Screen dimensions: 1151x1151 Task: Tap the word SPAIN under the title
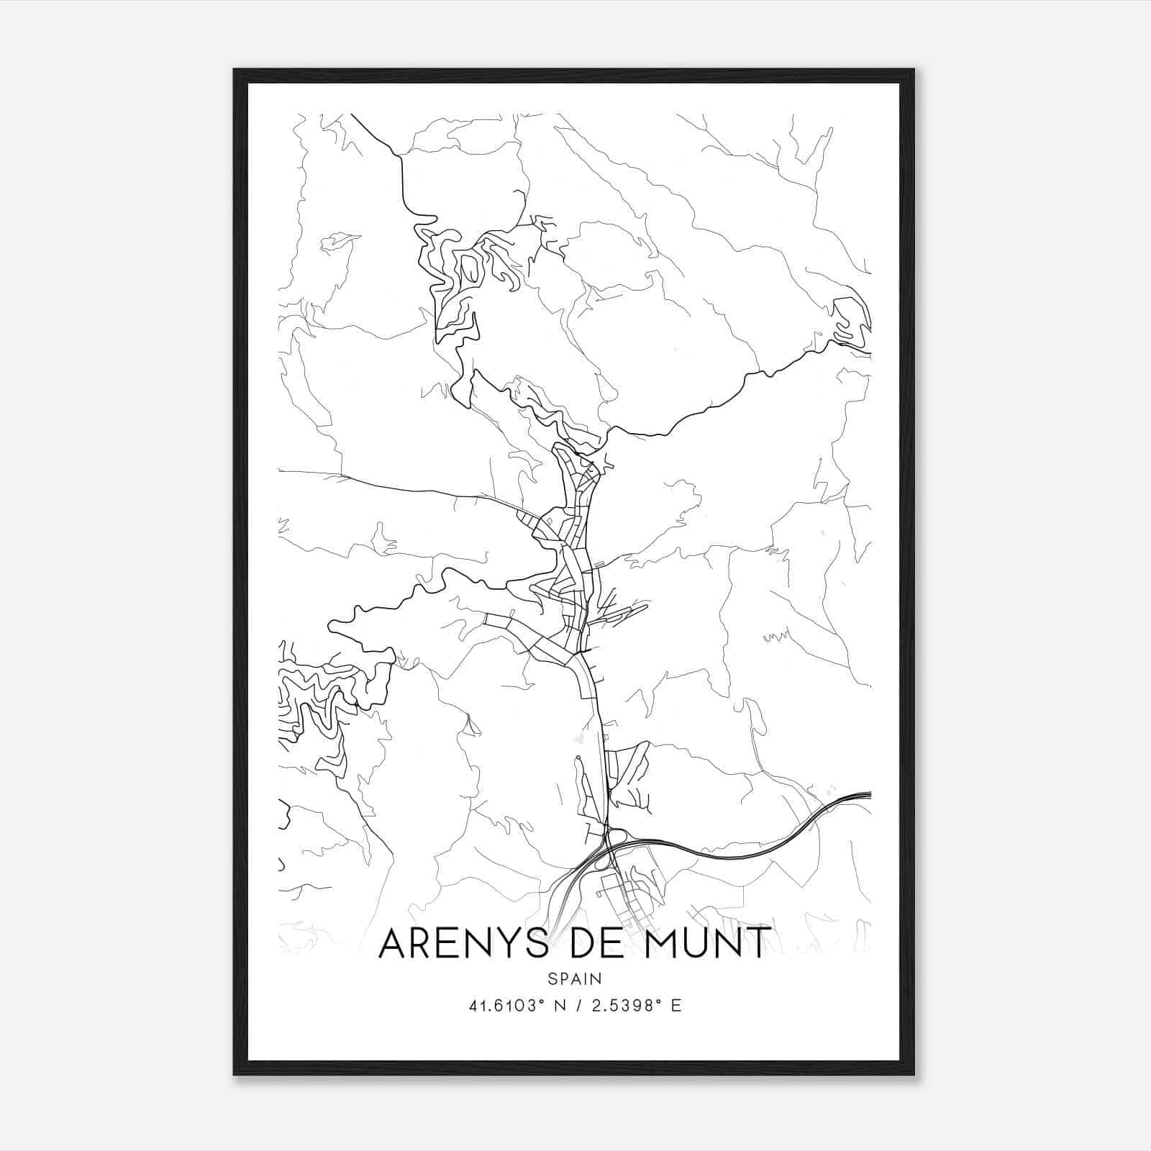(x=574, y=978)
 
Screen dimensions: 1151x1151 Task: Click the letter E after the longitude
(x=675, y=1006)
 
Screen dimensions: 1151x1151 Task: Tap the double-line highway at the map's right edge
(x=860, y=796)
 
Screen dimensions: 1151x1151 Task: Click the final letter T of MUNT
(x=759, y=943)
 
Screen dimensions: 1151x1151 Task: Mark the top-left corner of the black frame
(x=235, y=70)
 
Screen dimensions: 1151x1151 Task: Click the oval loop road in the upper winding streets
(x=470, y=268)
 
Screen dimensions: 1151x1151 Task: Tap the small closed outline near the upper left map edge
(x=338, y=242)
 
